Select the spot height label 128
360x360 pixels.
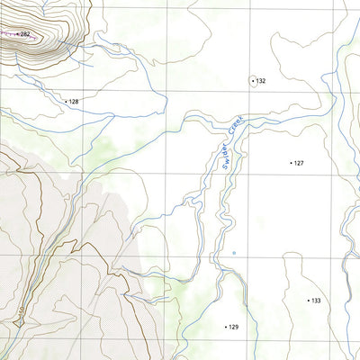(74, 102)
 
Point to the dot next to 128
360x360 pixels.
(66, 102)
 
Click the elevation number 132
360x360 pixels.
(261, 81)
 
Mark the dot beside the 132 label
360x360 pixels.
(253, 80)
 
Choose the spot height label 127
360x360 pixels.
(299, 163)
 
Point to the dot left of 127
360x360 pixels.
(291, 163)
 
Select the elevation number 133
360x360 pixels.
(316, 300)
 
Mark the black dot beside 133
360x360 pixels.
(308, 300)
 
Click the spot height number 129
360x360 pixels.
(233, 327)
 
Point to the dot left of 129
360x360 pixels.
(225, 327)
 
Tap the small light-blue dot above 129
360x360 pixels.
(233, 254)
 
